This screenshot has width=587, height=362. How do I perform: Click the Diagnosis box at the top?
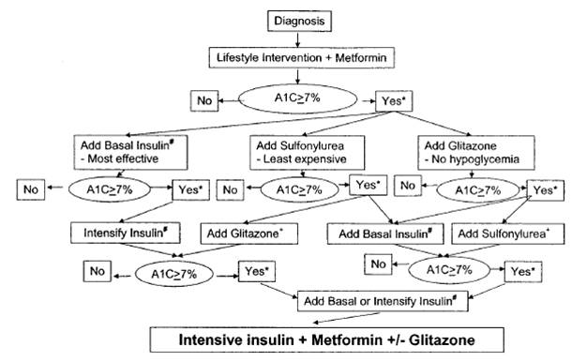tap(297, 18)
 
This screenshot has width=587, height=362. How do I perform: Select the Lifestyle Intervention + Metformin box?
tap(297, 59)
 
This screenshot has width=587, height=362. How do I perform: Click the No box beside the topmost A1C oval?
tap(203, 99)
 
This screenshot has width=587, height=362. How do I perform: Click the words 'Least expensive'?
tap(298, 161)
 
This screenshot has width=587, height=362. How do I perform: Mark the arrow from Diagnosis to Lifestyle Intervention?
tap(297, 38)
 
